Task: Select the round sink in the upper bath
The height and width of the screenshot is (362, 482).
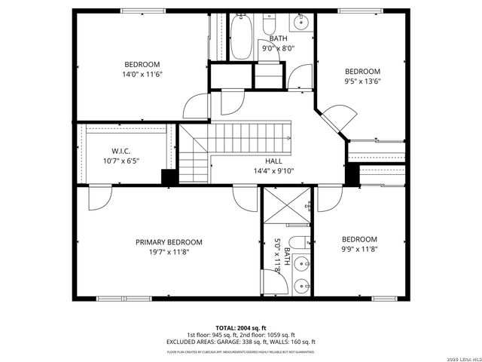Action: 302,22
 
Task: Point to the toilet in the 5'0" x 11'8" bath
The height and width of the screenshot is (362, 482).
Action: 299,242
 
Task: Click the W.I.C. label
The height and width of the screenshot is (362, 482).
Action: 122,151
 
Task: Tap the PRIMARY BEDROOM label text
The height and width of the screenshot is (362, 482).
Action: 169,242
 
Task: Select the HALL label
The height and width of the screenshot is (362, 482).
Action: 273,161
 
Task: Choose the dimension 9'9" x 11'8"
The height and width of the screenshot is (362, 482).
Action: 360,249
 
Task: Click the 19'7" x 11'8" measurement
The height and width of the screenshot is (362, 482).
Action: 169,252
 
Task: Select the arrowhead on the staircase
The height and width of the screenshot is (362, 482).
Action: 289,137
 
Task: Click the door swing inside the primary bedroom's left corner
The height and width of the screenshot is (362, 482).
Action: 99,199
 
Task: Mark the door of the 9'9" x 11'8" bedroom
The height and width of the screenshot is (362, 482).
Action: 328,200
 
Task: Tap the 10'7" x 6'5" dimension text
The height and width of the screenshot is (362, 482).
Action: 122,161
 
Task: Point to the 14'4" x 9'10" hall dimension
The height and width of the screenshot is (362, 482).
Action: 273,171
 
